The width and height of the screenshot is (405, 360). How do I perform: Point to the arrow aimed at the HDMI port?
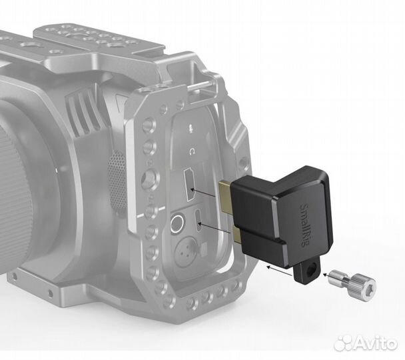pyautogui.click(x=203, y=193)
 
